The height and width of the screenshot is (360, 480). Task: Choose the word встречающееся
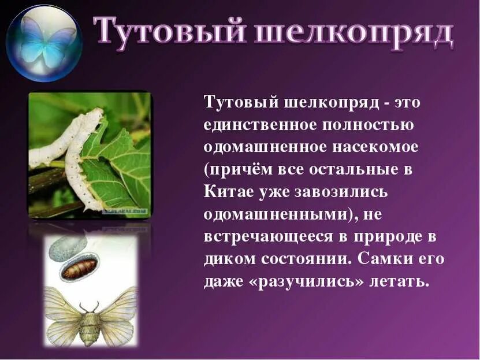pyautogui.click(x=274, y=237)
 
